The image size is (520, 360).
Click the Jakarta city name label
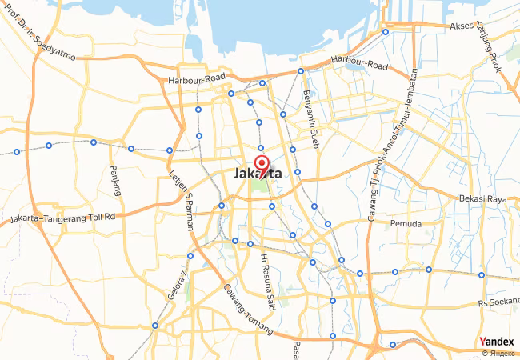(257, 173)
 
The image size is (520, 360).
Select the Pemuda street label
(405, 224)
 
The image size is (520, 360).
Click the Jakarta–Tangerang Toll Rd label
(63, 217)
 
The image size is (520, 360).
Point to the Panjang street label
(115, 180)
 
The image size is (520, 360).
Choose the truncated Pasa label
(296, 350)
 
